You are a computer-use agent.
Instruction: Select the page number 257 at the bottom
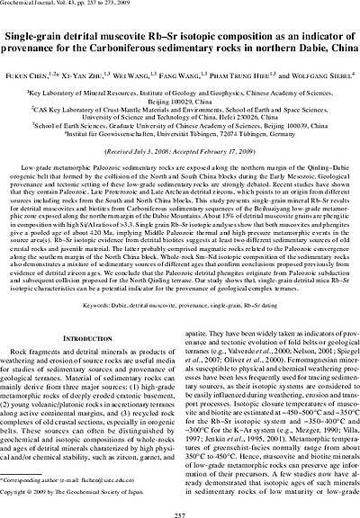[179, 506]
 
